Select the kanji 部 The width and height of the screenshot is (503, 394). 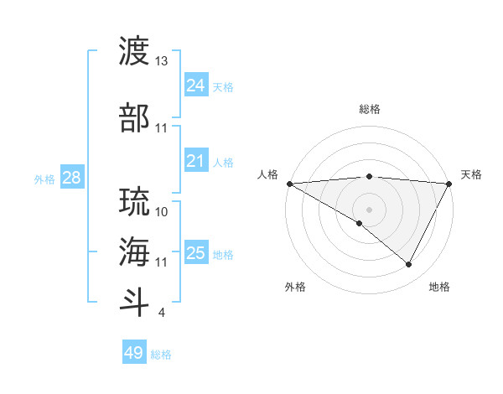click(x=135, y=117)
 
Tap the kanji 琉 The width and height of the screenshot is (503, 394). click(x=135, y=202)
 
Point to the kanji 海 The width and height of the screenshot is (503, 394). click(x=135, y=251)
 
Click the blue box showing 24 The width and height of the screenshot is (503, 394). click(x=195, y=86)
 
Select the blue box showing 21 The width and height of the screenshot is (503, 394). click(x=195, y=162)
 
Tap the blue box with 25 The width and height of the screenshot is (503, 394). click(x=195, y=253)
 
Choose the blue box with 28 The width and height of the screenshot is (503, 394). click(x=71, y=178)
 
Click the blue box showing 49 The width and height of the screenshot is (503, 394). click(x=133, y=353)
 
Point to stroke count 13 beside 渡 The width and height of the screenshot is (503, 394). click(x=162, y=61)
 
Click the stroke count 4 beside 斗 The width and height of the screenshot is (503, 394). click(x=161, y=313)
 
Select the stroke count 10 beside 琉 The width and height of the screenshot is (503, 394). click(x=162, y=211)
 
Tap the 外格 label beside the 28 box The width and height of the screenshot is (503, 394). click(x=44, y=179)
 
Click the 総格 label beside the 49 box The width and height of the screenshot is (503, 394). click(x=161, y=355)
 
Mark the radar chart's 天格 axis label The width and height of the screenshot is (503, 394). click(x=471, y=174)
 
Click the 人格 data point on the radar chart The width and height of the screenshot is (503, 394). click(x=289, y=183)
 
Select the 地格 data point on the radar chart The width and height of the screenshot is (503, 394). click(x=409, y=264)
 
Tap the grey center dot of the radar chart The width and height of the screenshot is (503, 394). click(x=369, y=209)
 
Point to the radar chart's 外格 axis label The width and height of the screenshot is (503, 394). click(x=295, y=287)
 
